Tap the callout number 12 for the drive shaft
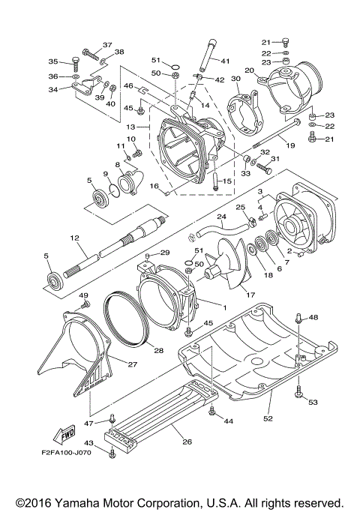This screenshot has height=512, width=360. [74, 238]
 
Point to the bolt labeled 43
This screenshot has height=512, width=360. [112, 452]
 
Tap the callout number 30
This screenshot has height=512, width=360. [235, 78]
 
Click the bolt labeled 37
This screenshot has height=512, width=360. [88, 52]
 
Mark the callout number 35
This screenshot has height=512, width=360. [53, 61]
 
